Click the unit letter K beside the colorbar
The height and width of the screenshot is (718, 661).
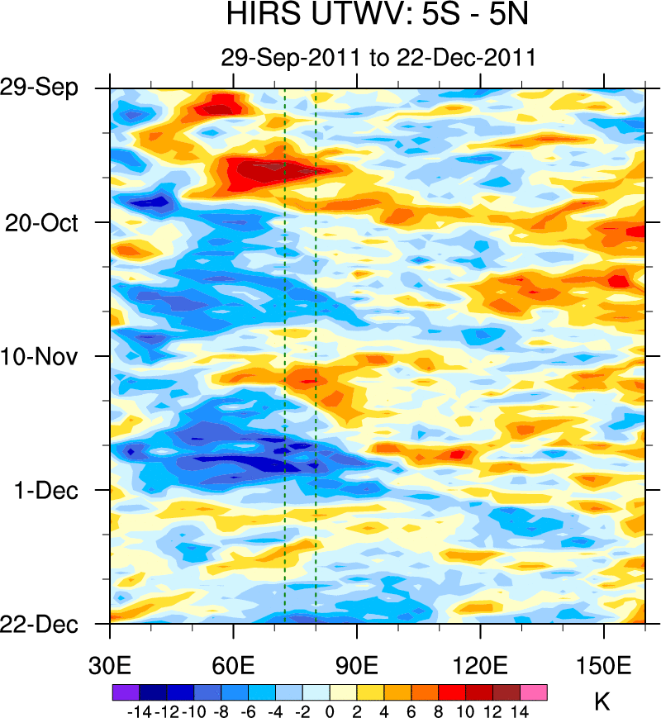[x=602, y=703]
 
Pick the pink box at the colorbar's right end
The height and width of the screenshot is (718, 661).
[x=533, y=692]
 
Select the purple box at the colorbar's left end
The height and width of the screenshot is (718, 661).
[x=125, y=692]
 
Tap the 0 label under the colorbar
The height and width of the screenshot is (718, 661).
[x=330, y=710]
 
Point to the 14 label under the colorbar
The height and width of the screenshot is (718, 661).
[x=520, y=710]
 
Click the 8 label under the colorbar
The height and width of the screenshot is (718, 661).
[x=439, y=710]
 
